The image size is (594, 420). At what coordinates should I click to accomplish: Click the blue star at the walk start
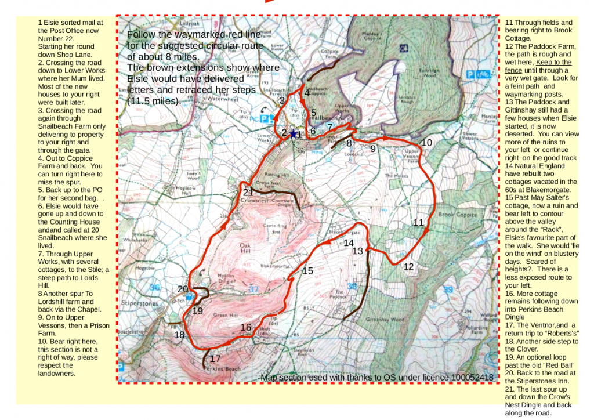293,134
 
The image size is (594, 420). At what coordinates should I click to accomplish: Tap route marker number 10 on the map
426,143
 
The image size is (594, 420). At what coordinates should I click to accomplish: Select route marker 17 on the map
215,359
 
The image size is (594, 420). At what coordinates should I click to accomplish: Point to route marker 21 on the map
248,193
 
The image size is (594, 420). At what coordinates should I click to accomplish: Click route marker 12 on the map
409,267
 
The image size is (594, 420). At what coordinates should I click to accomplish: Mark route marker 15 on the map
307,271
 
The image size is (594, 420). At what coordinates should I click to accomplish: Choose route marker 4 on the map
307,92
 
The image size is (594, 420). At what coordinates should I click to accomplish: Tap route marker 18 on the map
179,335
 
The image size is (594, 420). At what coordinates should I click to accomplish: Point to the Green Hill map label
223,315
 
